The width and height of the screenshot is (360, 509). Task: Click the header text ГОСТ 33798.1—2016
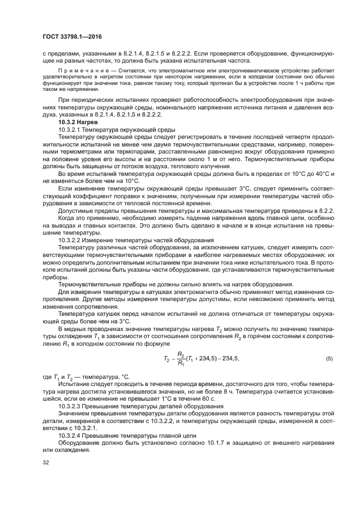73,36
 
